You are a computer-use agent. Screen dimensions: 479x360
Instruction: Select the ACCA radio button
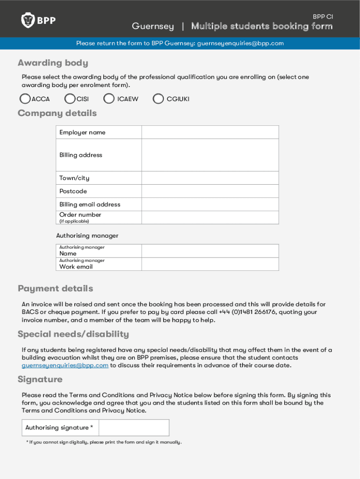point(25,99)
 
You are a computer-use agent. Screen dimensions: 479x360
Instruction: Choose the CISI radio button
point(70,99)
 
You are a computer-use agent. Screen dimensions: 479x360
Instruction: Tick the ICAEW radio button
point(109,99)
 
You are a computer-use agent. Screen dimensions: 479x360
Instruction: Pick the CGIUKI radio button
point(158,99)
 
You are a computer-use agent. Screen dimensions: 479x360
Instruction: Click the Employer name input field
point(210,132)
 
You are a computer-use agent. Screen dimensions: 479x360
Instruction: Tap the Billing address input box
point(210,155)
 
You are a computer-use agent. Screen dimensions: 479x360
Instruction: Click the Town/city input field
point(210,178)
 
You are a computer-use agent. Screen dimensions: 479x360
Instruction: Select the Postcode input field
point(210,191)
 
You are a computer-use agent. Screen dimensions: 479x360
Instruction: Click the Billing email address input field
point(210,204)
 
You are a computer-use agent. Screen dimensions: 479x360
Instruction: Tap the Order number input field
point(210,218)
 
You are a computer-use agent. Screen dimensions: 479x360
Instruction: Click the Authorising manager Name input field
point(210,251)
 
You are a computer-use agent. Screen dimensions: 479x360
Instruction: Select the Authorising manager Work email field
point(210,264)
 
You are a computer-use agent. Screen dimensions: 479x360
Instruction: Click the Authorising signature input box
point(134,428)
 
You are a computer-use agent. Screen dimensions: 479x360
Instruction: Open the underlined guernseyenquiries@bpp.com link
point(65,365)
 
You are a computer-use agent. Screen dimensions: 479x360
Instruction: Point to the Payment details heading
point(55,288)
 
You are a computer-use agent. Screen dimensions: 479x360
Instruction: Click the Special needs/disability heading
point(73,334)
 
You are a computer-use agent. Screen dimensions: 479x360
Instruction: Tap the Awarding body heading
point(52,63)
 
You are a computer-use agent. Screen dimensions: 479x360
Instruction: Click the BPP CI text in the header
point(323,16)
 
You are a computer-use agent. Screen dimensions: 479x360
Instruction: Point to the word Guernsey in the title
point(152,26)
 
